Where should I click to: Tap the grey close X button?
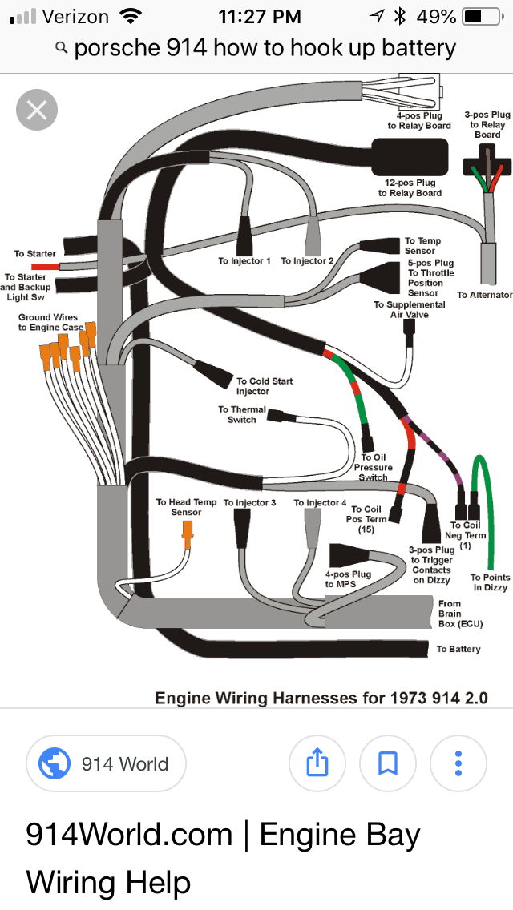(x=37, y=109)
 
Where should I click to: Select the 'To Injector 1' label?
(x=244, y=261)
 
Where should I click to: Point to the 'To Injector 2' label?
(x=308, y=261)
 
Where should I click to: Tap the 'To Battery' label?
(x=458, y=649)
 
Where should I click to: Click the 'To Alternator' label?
(x=484, y=295)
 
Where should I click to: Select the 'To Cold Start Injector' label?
(x=265, y=386)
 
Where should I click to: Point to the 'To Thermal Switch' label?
(x=242, y=414)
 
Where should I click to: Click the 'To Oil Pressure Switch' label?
(x=374, y=468)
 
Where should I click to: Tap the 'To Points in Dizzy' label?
(x=490, y=582)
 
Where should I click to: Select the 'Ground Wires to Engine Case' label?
(x=50, y=322)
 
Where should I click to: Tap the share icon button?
(x=317, y=763)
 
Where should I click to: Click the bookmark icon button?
(x=388, y=763)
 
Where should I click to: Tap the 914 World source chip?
(x=107, y=763)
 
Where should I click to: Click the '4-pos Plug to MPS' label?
(x=348, y=579)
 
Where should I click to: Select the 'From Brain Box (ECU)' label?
(x=460, y=614)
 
